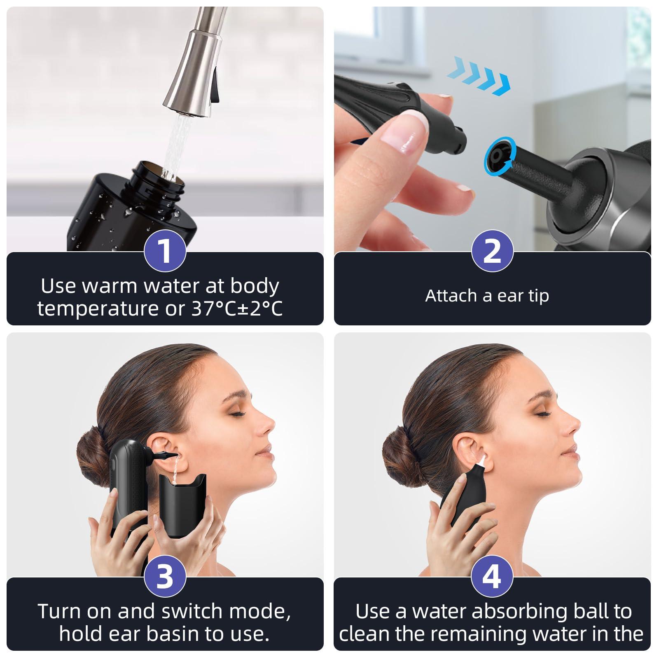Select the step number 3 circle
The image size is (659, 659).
pos(165,576)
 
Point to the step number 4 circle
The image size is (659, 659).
pos(492,576)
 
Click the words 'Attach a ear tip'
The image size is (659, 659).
pos(487,296)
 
